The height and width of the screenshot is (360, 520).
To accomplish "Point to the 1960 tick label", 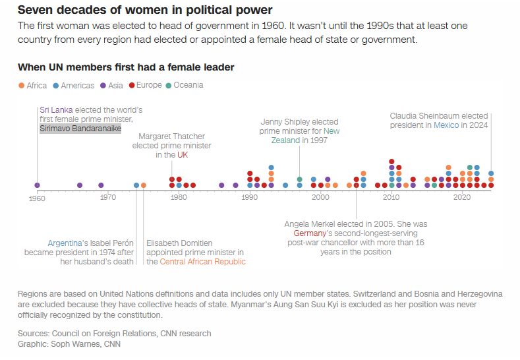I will point(38,197).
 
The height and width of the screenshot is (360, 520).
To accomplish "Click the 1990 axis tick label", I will point(250,197).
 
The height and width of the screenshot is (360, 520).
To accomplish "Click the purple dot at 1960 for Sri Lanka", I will point(37,185).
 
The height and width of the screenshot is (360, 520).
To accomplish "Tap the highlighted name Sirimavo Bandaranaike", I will point(80,129).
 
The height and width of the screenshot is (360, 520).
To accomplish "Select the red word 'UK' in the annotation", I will point(183,155).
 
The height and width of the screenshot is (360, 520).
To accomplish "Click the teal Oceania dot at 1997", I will point(299,179).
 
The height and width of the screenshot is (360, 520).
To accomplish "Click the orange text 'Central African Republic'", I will point(202,262).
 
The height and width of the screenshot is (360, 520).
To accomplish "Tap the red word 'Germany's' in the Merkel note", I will point(310,233).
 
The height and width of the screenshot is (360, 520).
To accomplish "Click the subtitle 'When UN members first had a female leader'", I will point(126,67).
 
